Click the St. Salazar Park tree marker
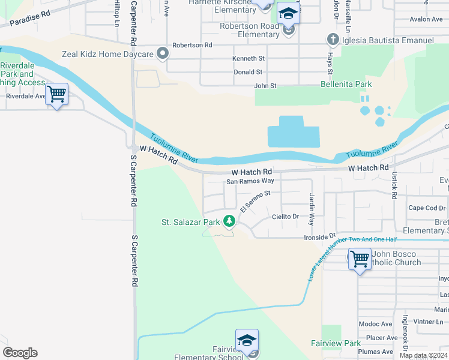coord(229,221)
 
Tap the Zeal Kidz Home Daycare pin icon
coord(162,54)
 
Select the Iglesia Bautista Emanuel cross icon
coord(333,40)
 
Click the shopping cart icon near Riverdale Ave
coord(56,94)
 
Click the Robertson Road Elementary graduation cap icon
coord(289,14)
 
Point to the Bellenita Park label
coord(346,85)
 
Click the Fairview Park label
coord(334,343)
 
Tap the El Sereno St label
coord(256,201)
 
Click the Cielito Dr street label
coord(285,217)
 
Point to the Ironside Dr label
coord(319,237)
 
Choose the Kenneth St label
coord(249,59)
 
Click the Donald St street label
coord(248,72)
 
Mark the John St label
coord(265,86)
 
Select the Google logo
coord(20,353)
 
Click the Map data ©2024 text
coord(423,355)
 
